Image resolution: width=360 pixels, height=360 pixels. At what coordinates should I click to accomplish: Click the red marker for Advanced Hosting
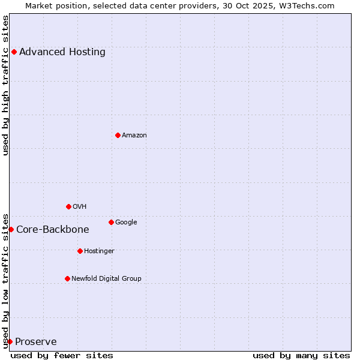pyautogui.click(x=14, y=52)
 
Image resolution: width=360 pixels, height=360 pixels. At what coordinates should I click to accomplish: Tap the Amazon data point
pyautogui.click(x=118, y=135)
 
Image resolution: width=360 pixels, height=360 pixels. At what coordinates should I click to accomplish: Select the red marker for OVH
pyautogui.click(x=68, y=206)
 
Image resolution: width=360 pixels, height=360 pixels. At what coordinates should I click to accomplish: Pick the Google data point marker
pyautogui.click(x=111, y=222)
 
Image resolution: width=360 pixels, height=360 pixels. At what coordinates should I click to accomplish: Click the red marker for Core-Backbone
pyautogui.click(x=11, y=229)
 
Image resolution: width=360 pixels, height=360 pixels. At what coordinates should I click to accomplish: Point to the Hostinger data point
pyautogui.click(x=80, y=251)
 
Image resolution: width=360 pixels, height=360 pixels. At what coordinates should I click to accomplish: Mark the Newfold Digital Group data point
pyautogui.click(x=67, y=278)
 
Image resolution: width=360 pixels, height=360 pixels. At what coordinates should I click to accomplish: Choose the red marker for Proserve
pyautogui.click(x=10, y=341)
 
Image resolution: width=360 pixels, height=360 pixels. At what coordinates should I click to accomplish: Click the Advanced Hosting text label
pyautogui.click(x=62, y=52)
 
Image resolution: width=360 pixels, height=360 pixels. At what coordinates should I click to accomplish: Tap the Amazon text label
pyautogui.click(x=134, y=135)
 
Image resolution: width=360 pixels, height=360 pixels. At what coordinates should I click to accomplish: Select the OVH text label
pyautogui.click(x=80, y=206)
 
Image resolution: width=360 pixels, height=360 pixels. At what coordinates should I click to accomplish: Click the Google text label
pyautogui.click(x=126, y=222)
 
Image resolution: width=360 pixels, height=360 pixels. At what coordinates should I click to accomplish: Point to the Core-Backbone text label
pyautogui.click(x=53, y=229)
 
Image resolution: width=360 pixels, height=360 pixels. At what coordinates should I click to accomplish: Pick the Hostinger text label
pyautogui.click(x=99, y=251)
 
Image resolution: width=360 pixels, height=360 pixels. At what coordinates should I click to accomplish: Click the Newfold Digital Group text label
pyautogui.click(x=107, y=278)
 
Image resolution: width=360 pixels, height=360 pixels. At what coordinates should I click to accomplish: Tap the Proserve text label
pyautogui.click(x=36, y=342)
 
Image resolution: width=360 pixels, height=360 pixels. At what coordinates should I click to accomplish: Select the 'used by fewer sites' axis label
pyautogui.click(x=62, y=355)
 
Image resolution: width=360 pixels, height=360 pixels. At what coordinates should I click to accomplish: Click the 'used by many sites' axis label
pyautogui.click(x=301, y=355)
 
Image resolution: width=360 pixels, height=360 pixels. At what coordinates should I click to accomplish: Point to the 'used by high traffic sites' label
pyautogui.click(x=5, y=85)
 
